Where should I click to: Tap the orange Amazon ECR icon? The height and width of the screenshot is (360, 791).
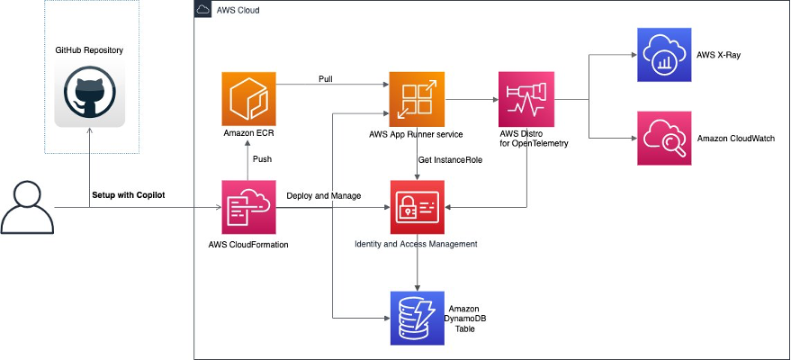click(248, 99)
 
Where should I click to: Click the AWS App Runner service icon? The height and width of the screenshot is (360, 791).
click(417, 99)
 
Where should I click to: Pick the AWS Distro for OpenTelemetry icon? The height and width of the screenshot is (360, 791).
click(526, 99)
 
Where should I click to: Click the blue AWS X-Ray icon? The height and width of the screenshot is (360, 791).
click(663, 56)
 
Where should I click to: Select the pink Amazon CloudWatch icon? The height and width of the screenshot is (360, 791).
click(663, 139)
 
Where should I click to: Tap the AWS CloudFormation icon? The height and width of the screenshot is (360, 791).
click(248, 207)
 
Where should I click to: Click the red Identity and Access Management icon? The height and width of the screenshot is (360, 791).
click(417, 207)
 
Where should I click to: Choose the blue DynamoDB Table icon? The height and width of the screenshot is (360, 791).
click(417, 318)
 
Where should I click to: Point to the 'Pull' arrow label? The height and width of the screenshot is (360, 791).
click(326, 79)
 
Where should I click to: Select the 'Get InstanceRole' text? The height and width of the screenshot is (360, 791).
click(452, 159)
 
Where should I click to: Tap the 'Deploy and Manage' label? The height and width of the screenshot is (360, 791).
click(324, 195)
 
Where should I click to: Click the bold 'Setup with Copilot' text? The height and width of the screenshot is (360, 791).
click(130, 195)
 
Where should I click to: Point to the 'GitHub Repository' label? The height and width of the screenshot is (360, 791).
click(89, 50)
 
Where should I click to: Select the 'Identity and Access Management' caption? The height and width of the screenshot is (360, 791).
click(416, 244)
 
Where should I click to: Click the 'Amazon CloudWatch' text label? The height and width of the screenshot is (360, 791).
click(735, 139)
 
